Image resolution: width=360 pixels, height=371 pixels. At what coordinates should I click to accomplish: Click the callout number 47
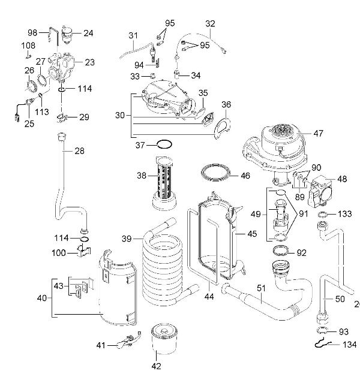tap(318, 134)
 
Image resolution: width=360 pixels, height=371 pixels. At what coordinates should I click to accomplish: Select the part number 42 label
tap(157, 365)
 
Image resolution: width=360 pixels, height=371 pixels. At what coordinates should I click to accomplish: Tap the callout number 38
tap(141, 176)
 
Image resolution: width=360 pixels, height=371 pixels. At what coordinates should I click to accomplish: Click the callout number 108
tap(28, 45)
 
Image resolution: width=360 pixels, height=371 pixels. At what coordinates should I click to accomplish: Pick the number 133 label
tap(344, 214)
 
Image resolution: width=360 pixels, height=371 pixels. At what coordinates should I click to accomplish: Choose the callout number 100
tap(59, 254)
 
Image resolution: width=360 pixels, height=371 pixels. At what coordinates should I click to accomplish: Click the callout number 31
tap(133, 35)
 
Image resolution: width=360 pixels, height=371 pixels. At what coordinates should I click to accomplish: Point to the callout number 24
tap(88, 33)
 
